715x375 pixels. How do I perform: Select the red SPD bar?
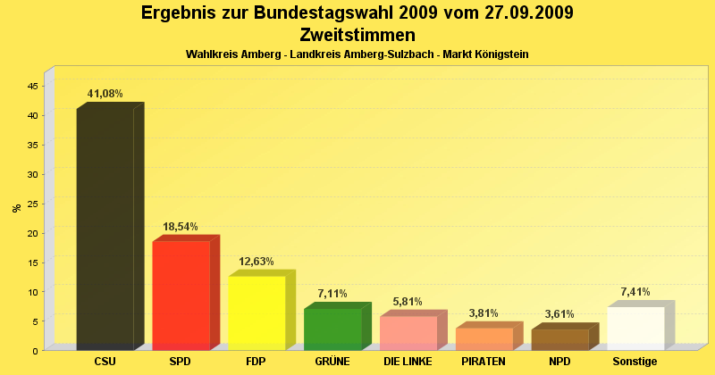pos(181,296)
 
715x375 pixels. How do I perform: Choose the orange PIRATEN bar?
pos(484,338)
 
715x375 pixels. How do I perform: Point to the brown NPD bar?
pos(559,339)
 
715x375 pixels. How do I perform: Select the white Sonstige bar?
pos(635,328)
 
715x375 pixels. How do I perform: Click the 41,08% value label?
pos(105,94)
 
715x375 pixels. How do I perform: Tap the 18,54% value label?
pos(180,228)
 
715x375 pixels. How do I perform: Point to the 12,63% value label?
pos(257,262)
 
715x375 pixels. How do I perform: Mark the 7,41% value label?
pos(635,292)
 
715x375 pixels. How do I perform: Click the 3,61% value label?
pos(559,314)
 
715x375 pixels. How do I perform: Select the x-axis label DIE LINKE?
pos(408,362)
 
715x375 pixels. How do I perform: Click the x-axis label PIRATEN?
pos(484,362)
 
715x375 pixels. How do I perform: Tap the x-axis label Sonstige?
pos(635,362)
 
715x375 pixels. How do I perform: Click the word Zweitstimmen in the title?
pos(357,36)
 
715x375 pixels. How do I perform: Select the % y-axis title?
pos(16,208)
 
